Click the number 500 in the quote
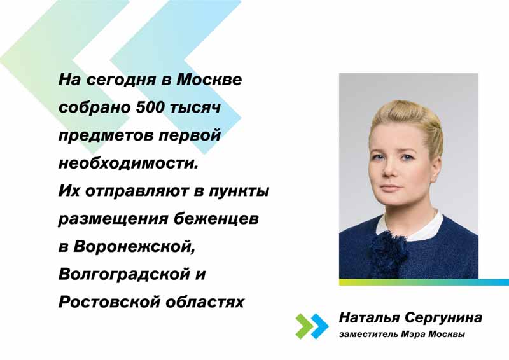pyautogui.click(x=150, y=107)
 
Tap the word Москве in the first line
pyautogui.click(x=209, y=80)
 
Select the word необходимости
pyautogui.click(x=129, y=163)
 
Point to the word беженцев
pyautogui.click(x=216, y=219)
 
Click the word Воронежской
pyautogui.click(x=134, y=247)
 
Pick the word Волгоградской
pyautogui.click(x=124, y=274)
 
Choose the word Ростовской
pyautogui.click(x=109, y=302)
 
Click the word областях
pyautogui.click(x=205, y=302)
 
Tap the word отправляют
pyautogui.click(x=137, y=191)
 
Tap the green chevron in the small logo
pyautogui.click(x=304, y=326)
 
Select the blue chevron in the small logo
pyautogui.click(x=320, y=326)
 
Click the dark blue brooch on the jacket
pyautogui.click(x=386, y=247)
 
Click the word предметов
pyautogui.click(x=106, y=135)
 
